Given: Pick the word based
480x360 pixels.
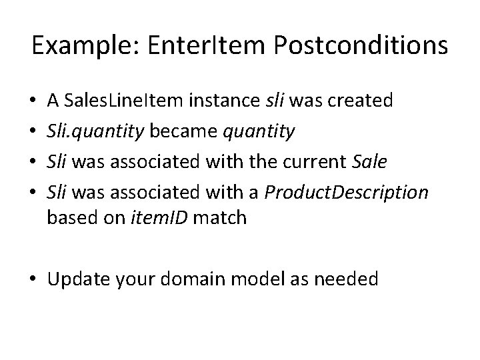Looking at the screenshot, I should click(x=69, y=217).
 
